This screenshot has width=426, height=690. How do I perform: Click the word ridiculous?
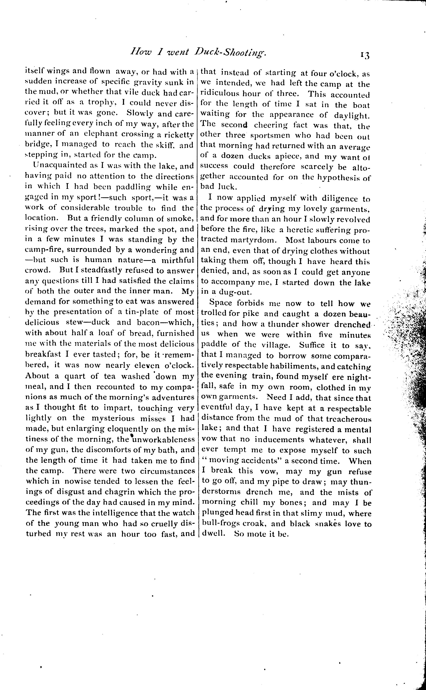point(219,94)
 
